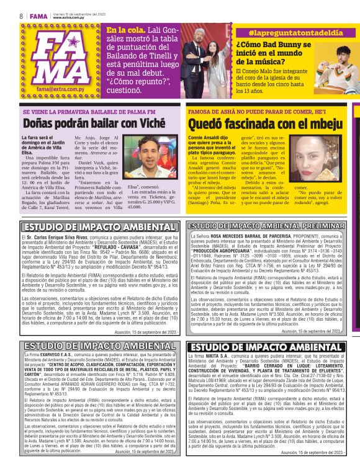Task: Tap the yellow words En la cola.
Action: pyautogui.click(x=125, y=30)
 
